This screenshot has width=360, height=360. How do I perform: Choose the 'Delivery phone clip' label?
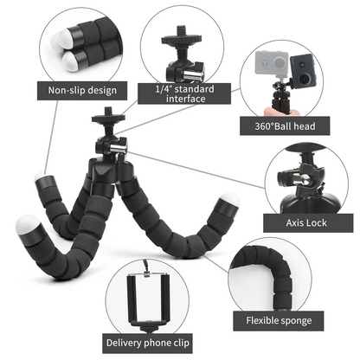(148, 341)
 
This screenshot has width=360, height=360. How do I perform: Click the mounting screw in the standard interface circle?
(183, 42)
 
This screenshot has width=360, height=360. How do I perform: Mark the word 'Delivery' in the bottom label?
(125, 341)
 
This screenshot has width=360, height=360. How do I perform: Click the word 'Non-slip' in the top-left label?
(64, 90)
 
